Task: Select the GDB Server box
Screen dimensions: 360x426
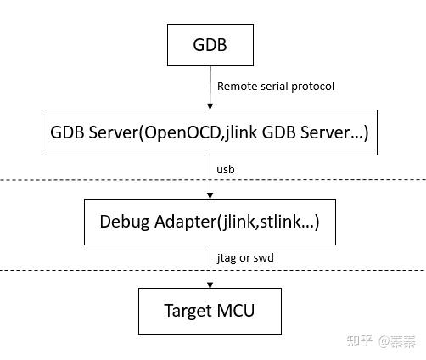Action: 210,132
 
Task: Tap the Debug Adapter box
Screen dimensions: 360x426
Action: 210,222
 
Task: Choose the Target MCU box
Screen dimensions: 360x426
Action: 210,311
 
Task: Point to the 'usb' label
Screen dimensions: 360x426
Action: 226,169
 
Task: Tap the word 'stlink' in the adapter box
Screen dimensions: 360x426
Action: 280,222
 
